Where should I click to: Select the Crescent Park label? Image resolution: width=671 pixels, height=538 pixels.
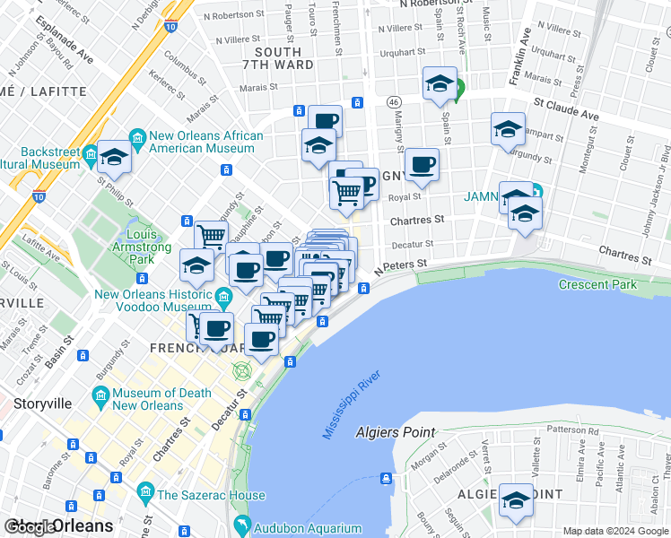(597, 285)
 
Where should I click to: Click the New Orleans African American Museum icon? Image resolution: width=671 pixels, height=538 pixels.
(137, 137)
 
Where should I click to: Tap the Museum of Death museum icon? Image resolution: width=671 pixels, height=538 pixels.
(100, 395)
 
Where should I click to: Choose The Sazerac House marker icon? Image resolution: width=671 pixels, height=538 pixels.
(145, 493)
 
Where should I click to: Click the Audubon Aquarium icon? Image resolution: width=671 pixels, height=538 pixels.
(240, 524)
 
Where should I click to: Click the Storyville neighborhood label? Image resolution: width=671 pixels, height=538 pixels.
(43, 403)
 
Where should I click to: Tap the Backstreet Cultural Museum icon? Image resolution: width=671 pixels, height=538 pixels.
(91, 157)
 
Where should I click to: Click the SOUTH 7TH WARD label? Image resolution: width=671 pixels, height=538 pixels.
(278, 58)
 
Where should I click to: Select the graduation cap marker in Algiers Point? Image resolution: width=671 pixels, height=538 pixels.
(516, 499)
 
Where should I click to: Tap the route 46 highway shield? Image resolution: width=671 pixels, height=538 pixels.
(394, 103)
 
